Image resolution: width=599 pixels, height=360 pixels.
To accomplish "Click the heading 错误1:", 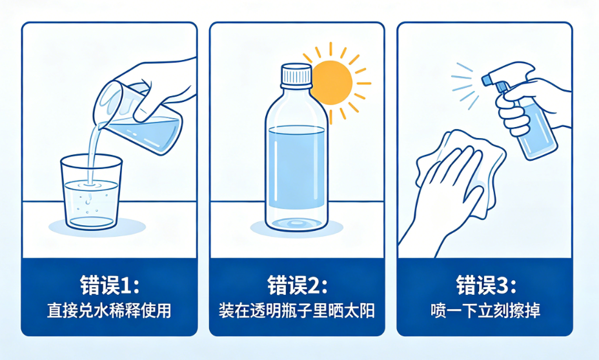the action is tap(110, 285).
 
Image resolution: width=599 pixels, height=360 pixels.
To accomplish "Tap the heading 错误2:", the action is tap(297, 285).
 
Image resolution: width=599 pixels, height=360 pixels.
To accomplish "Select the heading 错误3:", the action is tap(486, 285).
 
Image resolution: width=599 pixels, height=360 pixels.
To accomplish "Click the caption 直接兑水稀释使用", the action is tap(109, 311).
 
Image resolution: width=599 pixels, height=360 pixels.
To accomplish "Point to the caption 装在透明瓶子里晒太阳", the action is tap(297, 311).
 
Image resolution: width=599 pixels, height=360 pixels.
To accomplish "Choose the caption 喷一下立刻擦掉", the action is tap(485, 311).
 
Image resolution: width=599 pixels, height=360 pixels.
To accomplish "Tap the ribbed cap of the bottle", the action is tap(296, 75).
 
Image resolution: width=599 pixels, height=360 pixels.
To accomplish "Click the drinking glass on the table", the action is tap(91, 192).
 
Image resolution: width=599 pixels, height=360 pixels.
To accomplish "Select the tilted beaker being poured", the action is tap(138, 118).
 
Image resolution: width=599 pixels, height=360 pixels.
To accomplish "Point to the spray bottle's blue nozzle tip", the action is tap(485, 80).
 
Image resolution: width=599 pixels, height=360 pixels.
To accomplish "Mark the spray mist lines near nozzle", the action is tap(465, 86).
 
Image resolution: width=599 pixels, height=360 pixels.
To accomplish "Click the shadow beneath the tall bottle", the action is tap(296, 228).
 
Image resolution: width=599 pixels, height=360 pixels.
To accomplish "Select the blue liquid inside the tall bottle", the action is tap(296, 167).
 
